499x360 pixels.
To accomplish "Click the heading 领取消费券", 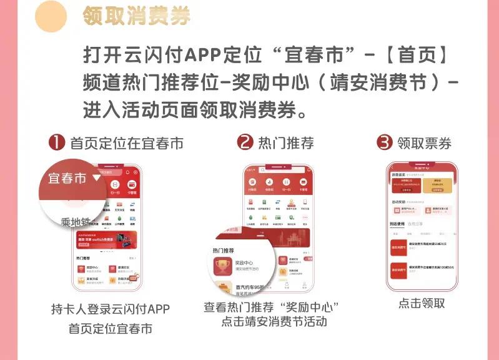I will tap(136, 17).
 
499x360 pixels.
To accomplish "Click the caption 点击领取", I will tap(422, 303).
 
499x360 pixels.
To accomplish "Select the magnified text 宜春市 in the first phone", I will tap(67, 178).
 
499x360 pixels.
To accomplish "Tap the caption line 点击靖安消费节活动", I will tap(274, 322).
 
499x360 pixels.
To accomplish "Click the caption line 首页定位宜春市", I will tap(110, 327).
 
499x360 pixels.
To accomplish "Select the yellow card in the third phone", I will tap(437, 184).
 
